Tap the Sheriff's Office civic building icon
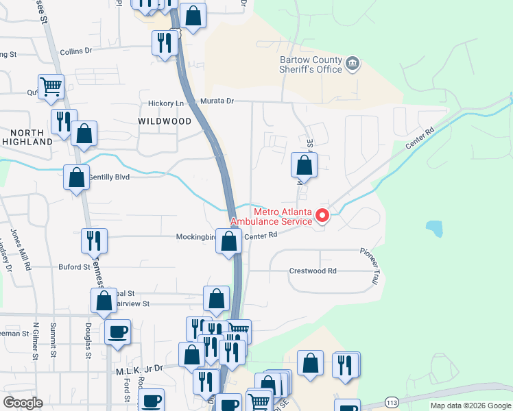[x=353, y=64]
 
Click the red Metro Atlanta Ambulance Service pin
[x=322, y=216]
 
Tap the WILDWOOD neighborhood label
[x=165, y=121]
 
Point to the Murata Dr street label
[x=217, y=101]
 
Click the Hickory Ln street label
[x=167, y=103]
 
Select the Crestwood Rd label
[x=313, y=271]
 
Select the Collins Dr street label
[x=75, y=51]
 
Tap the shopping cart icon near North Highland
[x=51, y=87]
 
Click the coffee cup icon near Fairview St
[x=118, y=332]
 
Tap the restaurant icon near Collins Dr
[x=165, y=43]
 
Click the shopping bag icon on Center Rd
[x=230, y=241]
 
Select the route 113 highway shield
[x=392, y=401]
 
